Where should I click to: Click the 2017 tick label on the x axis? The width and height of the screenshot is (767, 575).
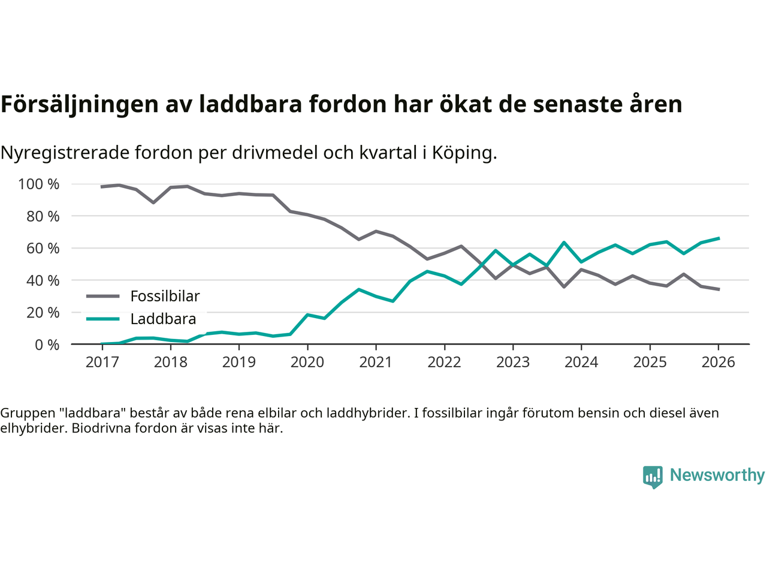[102, 362]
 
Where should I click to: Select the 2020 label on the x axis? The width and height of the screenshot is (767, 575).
[307, 362]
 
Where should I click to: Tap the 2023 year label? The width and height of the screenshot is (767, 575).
[513, 362]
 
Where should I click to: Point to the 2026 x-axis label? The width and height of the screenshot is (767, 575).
[718, 362]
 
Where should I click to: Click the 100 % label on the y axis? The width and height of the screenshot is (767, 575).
[39, 184]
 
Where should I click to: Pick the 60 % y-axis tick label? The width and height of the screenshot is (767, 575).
[43, 248]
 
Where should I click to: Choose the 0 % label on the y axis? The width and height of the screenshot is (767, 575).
[47, 344]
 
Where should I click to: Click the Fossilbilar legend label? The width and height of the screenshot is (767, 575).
[165, 296]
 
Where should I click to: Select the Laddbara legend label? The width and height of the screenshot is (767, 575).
[163, 319]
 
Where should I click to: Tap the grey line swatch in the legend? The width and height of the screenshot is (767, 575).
[102, 296]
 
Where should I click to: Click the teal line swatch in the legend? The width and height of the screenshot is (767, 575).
[102, 319]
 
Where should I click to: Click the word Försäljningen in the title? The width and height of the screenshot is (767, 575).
[71, 104]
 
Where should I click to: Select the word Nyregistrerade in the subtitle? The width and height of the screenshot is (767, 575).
[65, 153]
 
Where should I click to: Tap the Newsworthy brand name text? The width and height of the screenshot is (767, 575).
[717, 475]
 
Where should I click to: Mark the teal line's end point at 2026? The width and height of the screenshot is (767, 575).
[718, 238]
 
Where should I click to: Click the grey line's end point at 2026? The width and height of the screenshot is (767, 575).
[718, 289]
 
